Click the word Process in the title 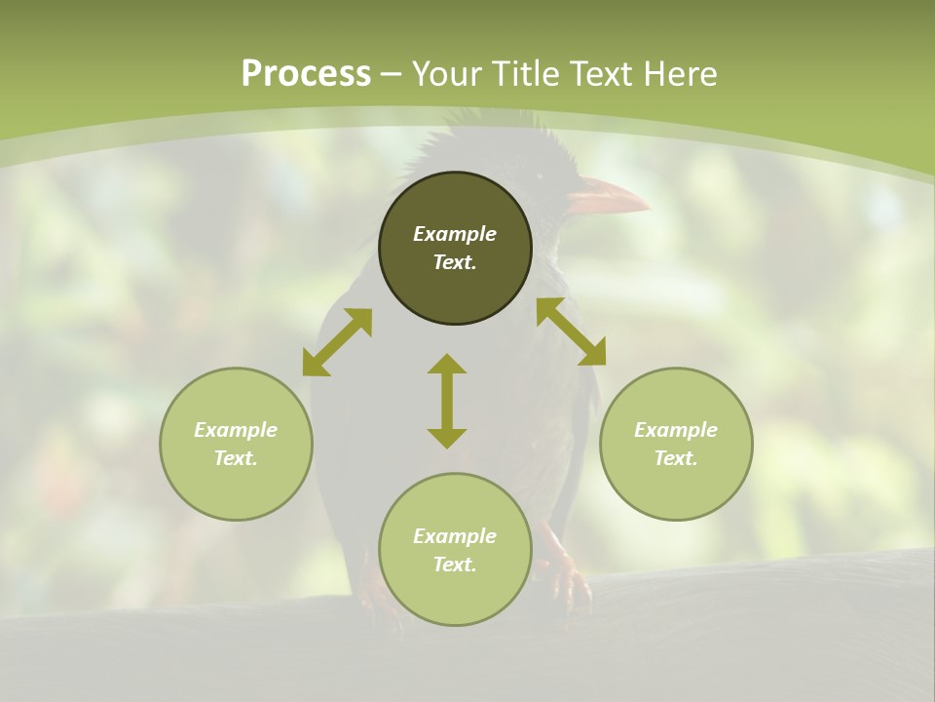[x=306, y=74]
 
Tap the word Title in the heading [x=521, y=74]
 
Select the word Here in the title [x=679, y=74]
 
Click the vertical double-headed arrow [x=447, y=401]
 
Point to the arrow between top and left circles [x=337, y=342]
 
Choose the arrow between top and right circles [x=571, y=331]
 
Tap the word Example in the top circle [x=455, y=234]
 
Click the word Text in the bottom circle [x=455, y=565]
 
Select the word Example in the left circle [x=236, y=430]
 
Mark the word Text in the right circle [x=676, y=458]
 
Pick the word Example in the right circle [x=676, y=430]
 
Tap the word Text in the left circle [x=236, y=458]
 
